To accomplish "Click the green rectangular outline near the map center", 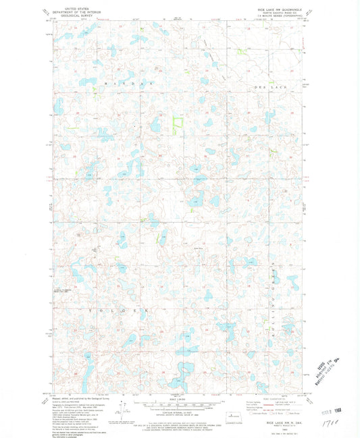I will [178, 126].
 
